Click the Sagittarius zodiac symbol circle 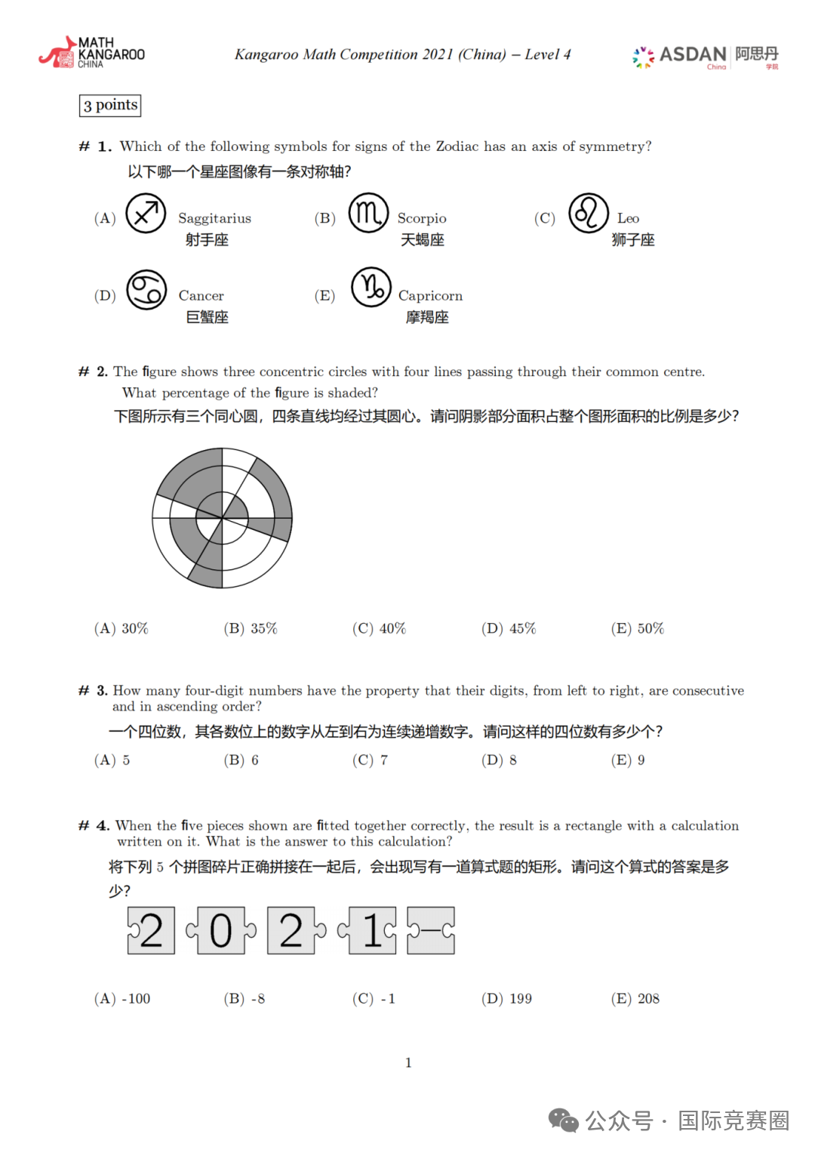(146, 214)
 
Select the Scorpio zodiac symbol (368, 213)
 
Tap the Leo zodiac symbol (589, 213)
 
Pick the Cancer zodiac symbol (146, 290)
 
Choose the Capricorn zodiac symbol (371, 287)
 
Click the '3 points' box (110, 105)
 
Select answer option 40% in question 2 (379, 628)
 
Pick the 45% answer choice (509, 628)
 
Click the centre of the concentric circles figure (223, 518)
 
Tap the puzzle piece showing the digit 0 (221, 930)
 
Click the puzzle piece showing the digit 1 (371, 930)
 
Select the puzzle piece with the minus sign (431, 930)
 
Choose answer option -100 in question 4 (122, 998)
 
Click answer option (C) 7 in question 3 (370, 760)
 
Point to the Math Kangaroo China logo (92, 53)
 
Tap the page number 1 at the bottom (408, 1062)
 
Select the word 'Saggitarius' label (214, 218)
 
